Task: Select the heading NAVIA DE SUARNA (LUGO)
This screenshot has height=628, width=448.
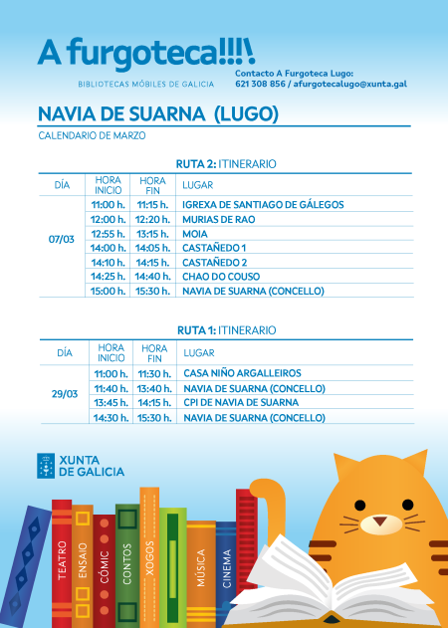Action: (x=157, y=114)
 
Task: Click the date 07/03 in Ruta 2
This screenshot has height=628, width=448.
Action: (x=61, y=240)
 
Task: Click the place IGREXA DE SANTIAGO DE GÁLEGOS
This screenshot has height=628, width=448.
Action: (x=263, y=204)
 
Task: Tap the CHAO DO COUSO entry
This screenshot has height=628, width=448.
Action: (x=221, y=276)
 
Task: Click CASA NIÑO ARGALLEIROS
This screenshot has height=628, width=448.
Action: (x=242, y=373)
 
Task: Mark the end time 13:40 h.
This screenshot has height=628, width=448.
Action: (x=153, y=388)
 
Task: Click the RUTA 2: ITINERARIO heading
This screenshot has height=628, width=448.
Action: (x=226, y=163)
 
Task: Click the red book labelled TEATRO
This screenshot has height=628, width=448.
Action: (x=62, y=562)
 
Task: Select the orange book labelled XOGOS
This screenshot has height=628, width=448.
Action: (x=150, y=557)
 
